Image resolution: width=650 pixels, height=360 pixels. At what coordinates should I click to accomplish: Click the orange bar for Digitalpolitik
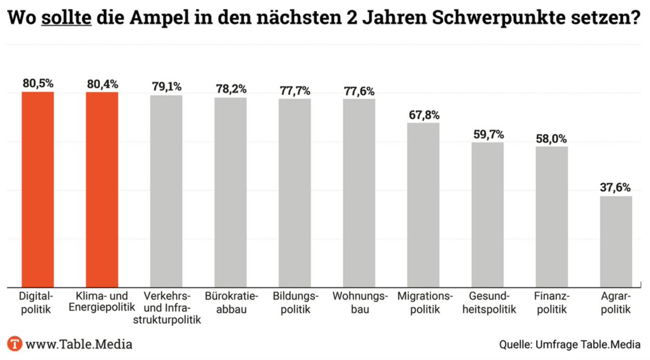(x=38, y=189)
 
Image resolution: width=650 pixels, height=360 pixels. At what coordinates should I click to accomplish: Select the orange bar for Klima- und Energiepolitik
(x=102, y=189)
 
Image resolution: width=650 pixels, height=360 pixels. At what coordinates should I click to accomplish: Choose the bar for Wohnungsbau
(x=359, y=193)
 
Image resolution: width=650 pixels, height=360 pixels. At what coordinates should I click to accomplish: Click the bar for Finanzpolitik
(x=551, y=217)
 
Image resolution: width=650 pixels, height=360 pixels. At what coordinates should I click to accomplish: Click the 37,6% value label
(x=615, y=187)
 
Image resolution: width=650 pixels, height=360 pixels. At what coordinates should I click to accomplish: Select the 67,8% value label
(x=423, y=115)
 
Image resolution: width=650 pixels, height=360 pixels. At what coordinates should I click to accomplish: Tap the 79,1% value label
(x=166, y=87)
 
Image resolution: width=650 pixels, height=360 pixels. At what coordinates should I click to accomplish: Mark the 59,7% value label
(x=487, y=134)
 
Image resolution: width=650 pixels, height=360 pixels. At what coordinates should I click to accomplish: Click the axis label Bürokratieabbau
(x=231, y=303)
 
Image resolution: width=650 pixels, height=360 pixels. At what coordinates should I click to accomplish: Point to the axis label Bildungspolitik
(x=295, y=303)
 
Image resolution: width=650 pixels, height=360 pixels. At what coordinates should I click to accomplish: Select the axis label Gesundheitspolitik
(x=487, y=303)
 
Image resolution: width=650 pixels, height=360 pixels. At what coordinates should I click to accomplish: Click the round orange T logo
(x=15, y=344)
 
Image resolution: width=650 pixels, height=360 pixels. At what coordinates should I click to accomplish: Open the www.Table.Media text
(x=79, y=344)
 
